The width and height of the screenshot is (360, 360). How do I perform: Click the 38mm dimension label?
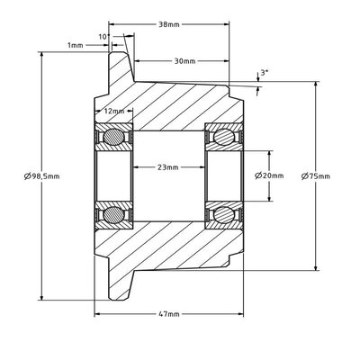coord(169,24)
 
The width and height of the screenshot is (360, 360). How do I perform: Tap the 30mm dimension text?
coord(184,61)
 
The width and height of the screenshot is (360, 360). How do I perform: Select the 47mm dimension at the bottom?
coord(169,314)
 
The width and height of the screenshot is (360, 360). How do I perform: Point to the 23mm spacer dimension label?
coord(168,167)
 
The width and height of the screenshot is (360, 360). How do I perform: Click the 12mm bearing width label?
coord(114,111)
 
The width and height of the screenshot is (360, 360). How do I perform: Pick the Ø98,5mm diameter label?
coord(41,176)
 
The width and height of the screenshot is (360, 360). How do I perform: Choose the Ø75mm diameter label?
coord(316,176)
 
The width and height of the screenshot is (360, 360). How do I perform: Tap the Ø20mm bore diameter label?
coord(269,175)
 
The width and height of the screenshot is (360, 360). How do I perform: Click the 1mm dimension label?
coord(75,46)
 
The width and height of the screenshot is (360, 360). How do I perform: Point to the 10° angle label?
coord(103,37)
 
